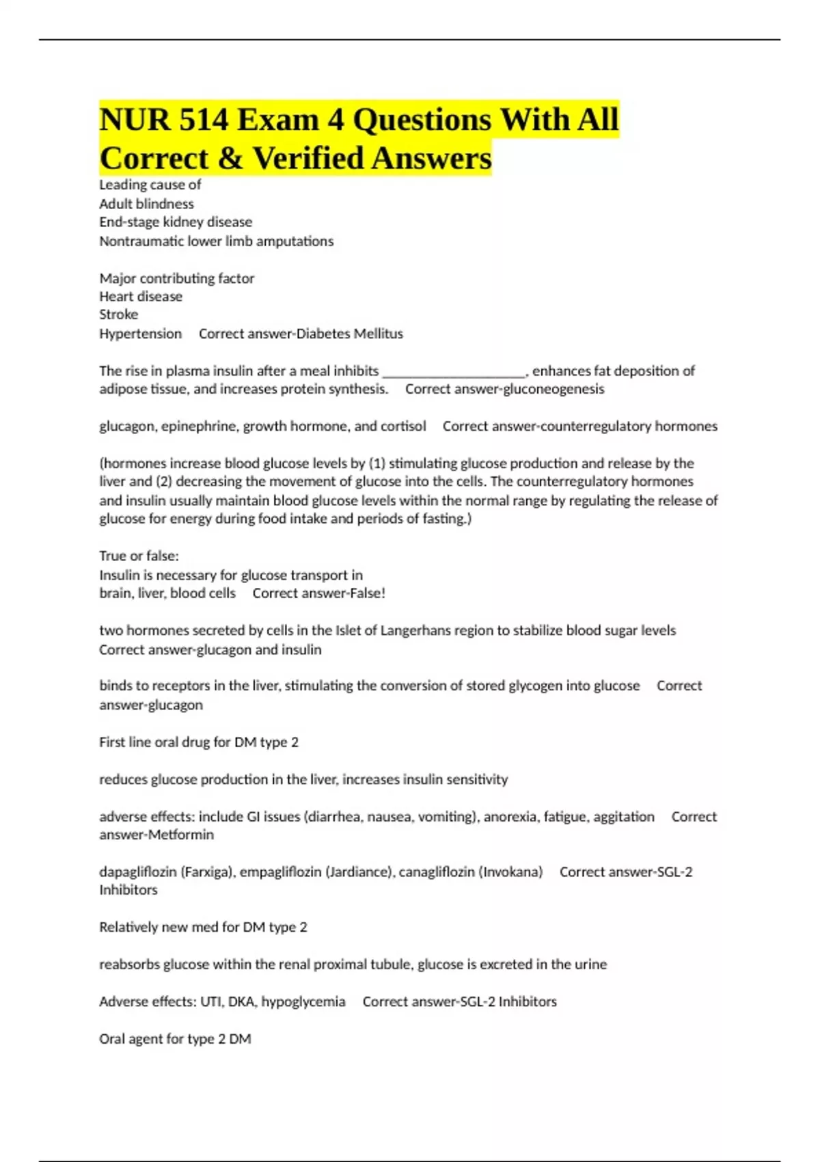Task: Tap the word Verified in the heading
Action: pos(309,158)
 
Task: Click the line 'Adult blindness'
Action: pos(146,204)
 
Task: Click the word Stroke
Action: pos(118,314)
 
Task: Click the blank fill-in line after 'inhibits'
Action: pos(454,371)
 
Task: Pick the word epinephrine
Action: pos(198,426)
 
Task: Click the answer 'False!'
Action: pos(367,593)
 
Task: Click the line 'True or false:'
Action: pos(139,556)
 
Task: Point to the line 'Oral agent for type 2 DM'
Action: pos(175,1039)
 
